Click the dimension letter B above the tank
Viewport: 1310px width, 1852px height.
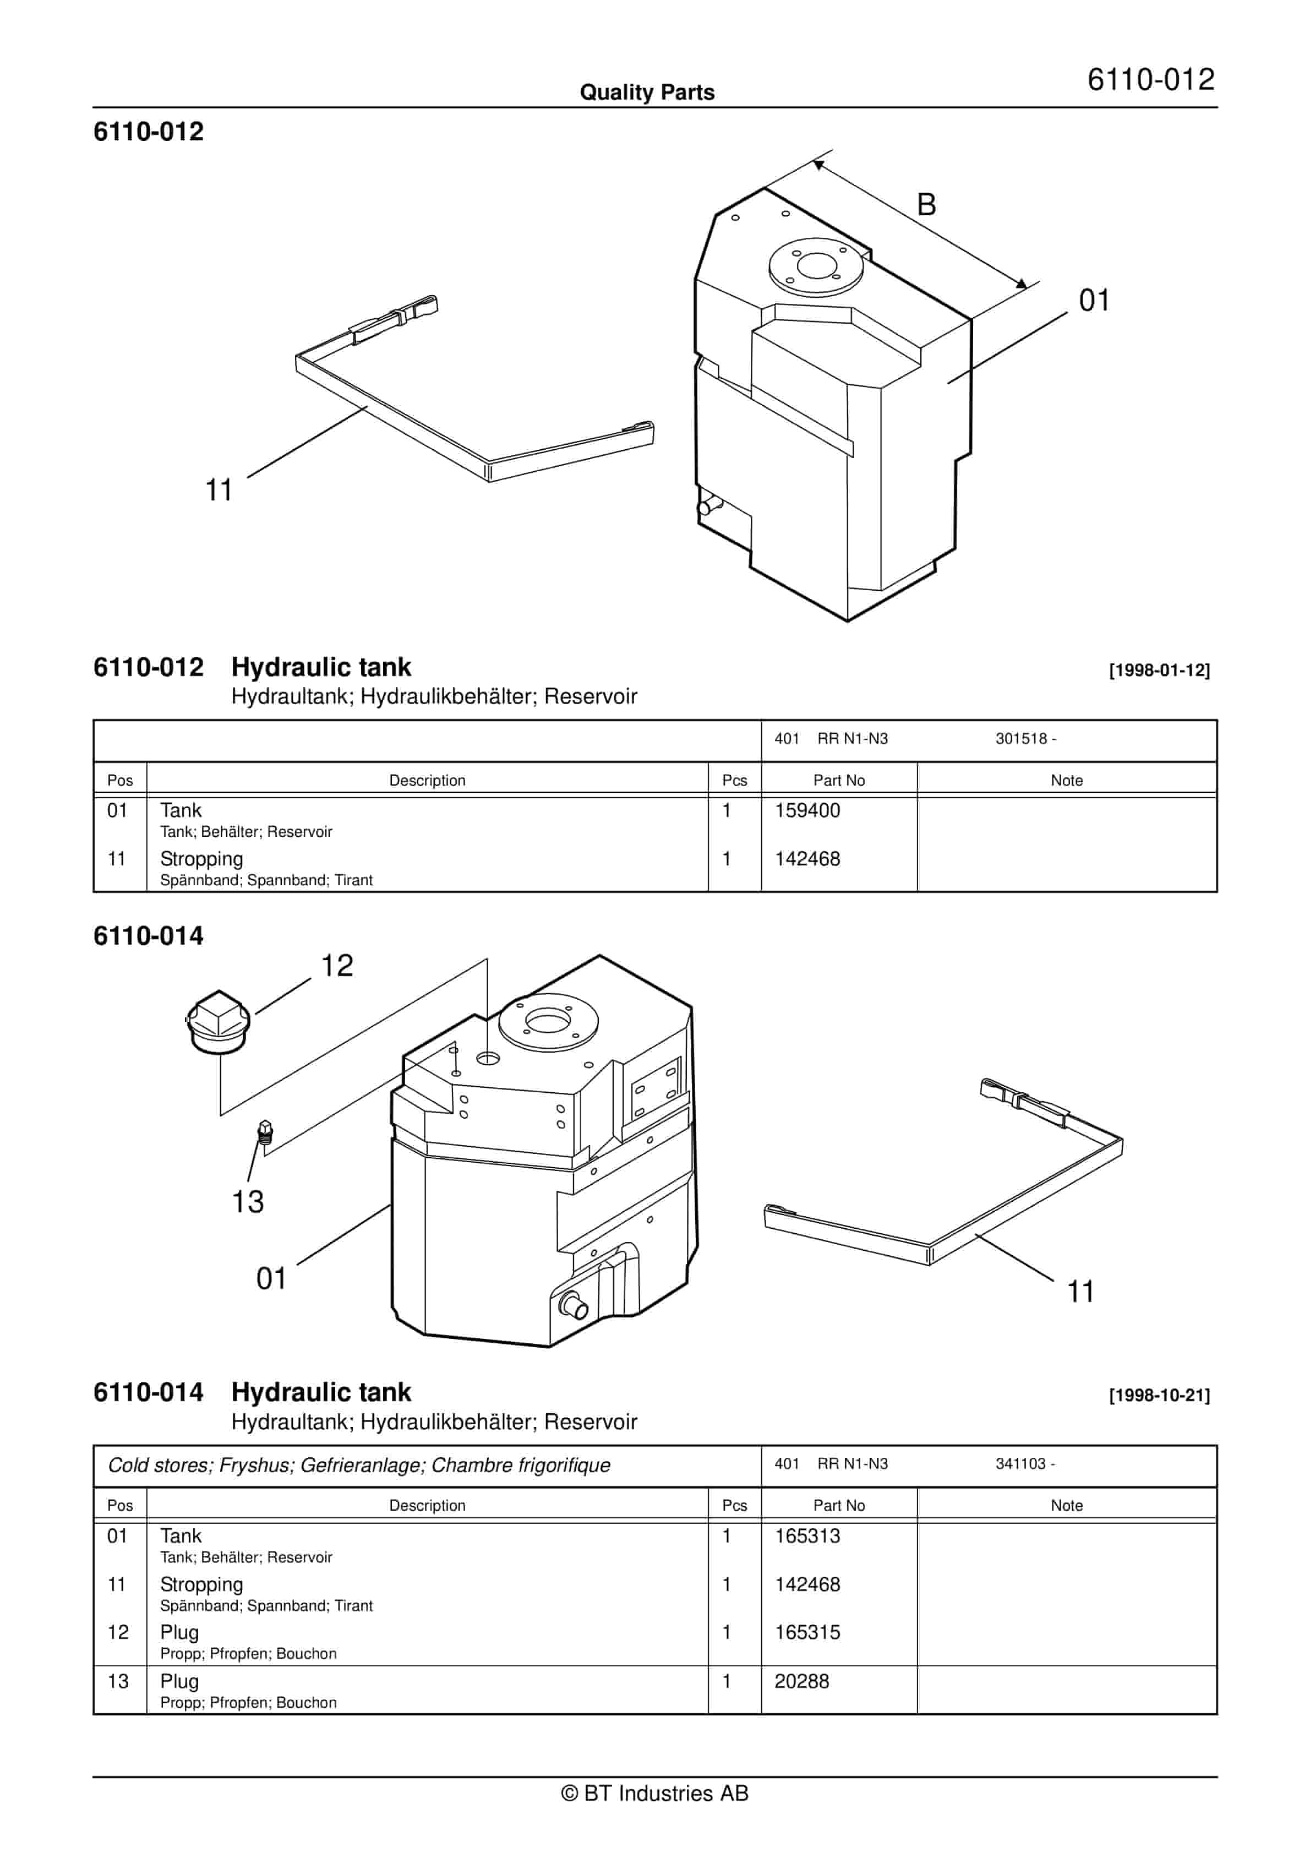926,205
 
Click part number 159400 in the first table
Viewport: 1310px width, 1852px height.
807,810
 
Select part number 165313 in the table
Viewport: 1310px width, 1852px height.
807,1536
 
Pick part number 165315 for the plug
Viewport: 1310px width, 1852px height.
807,1632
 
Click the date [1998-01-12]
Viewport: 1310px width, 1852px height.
1159,671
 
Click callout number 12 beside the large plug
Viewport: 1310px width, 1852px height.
337,966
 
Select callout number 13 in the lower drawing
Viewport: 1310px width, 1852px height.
248,1202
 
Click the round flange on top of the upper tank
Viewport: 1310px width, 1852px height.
816,266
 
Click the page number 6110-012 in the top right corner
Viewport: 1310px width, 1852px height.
1150,80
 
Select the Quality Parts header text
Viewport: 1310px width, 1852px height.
647,92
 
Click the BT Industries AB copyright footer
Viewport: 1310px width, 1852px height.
654,1793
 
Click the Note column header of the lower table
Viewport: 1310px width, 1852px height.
1066,1505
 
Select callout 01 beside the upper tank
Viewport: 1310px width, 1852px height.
1094,301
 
